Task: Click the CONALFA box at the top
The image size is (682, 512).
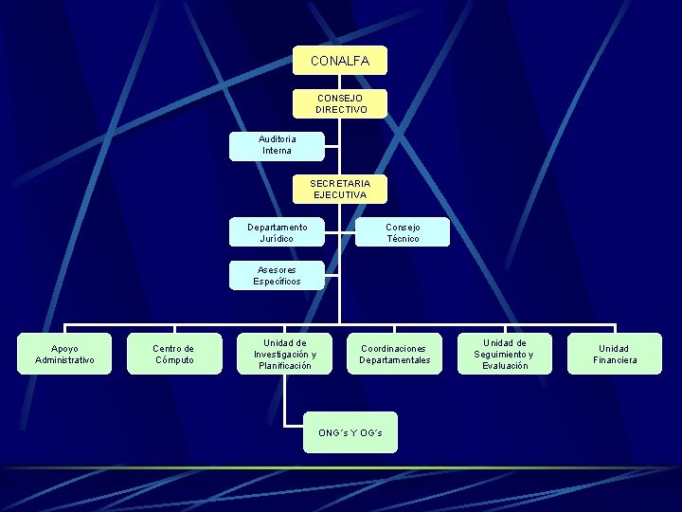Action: click(x=339, y=62)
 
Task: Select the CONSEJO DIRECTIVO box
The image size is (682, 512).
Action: click(x=339, y=103)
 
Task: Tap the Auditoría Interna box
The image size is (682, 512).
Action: click(x=278, y=144)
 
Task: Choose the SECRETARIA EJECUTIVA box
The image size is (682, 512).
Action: click(x=339, y=189)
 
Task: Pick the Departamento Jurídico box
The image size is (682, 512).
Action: click(x=278, y=233)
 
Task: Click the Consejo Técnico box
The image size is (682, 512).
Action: click(x=403, y=233)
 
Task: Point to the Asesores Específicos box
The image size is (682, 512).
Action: click(x=278, y=276)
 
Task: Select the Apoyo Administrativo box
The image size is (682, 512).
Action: click(x=64, y=354)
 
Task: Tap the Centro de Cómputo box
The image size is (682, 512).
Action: click(x=174, y=354)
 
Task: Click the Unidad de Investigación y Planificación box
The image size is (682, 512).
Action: click(x=285, y=354)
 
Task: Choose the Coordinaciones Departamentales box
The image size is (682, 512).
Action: click(x=395, y=354)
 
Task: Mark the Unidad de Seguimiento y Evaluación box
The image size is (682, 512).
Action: click(x=504, y=354)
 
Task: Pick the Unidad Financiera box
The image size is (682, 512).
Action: click(x=615, y=354)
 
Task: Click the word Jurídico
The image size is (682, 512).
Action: click(x=278, y=239)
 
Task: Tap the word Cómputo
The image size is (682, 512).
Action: click(x=174, y=360)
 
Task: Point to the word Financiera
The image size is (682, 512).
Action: click(x=615, y=360)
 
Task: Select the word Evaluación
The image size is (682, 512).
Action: click(x=504, y=366)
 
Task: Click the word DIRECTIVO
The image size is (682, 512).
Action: click(x=339, y=110)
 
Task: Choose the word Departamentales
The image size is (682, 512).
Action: click(x=395, y=360)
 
